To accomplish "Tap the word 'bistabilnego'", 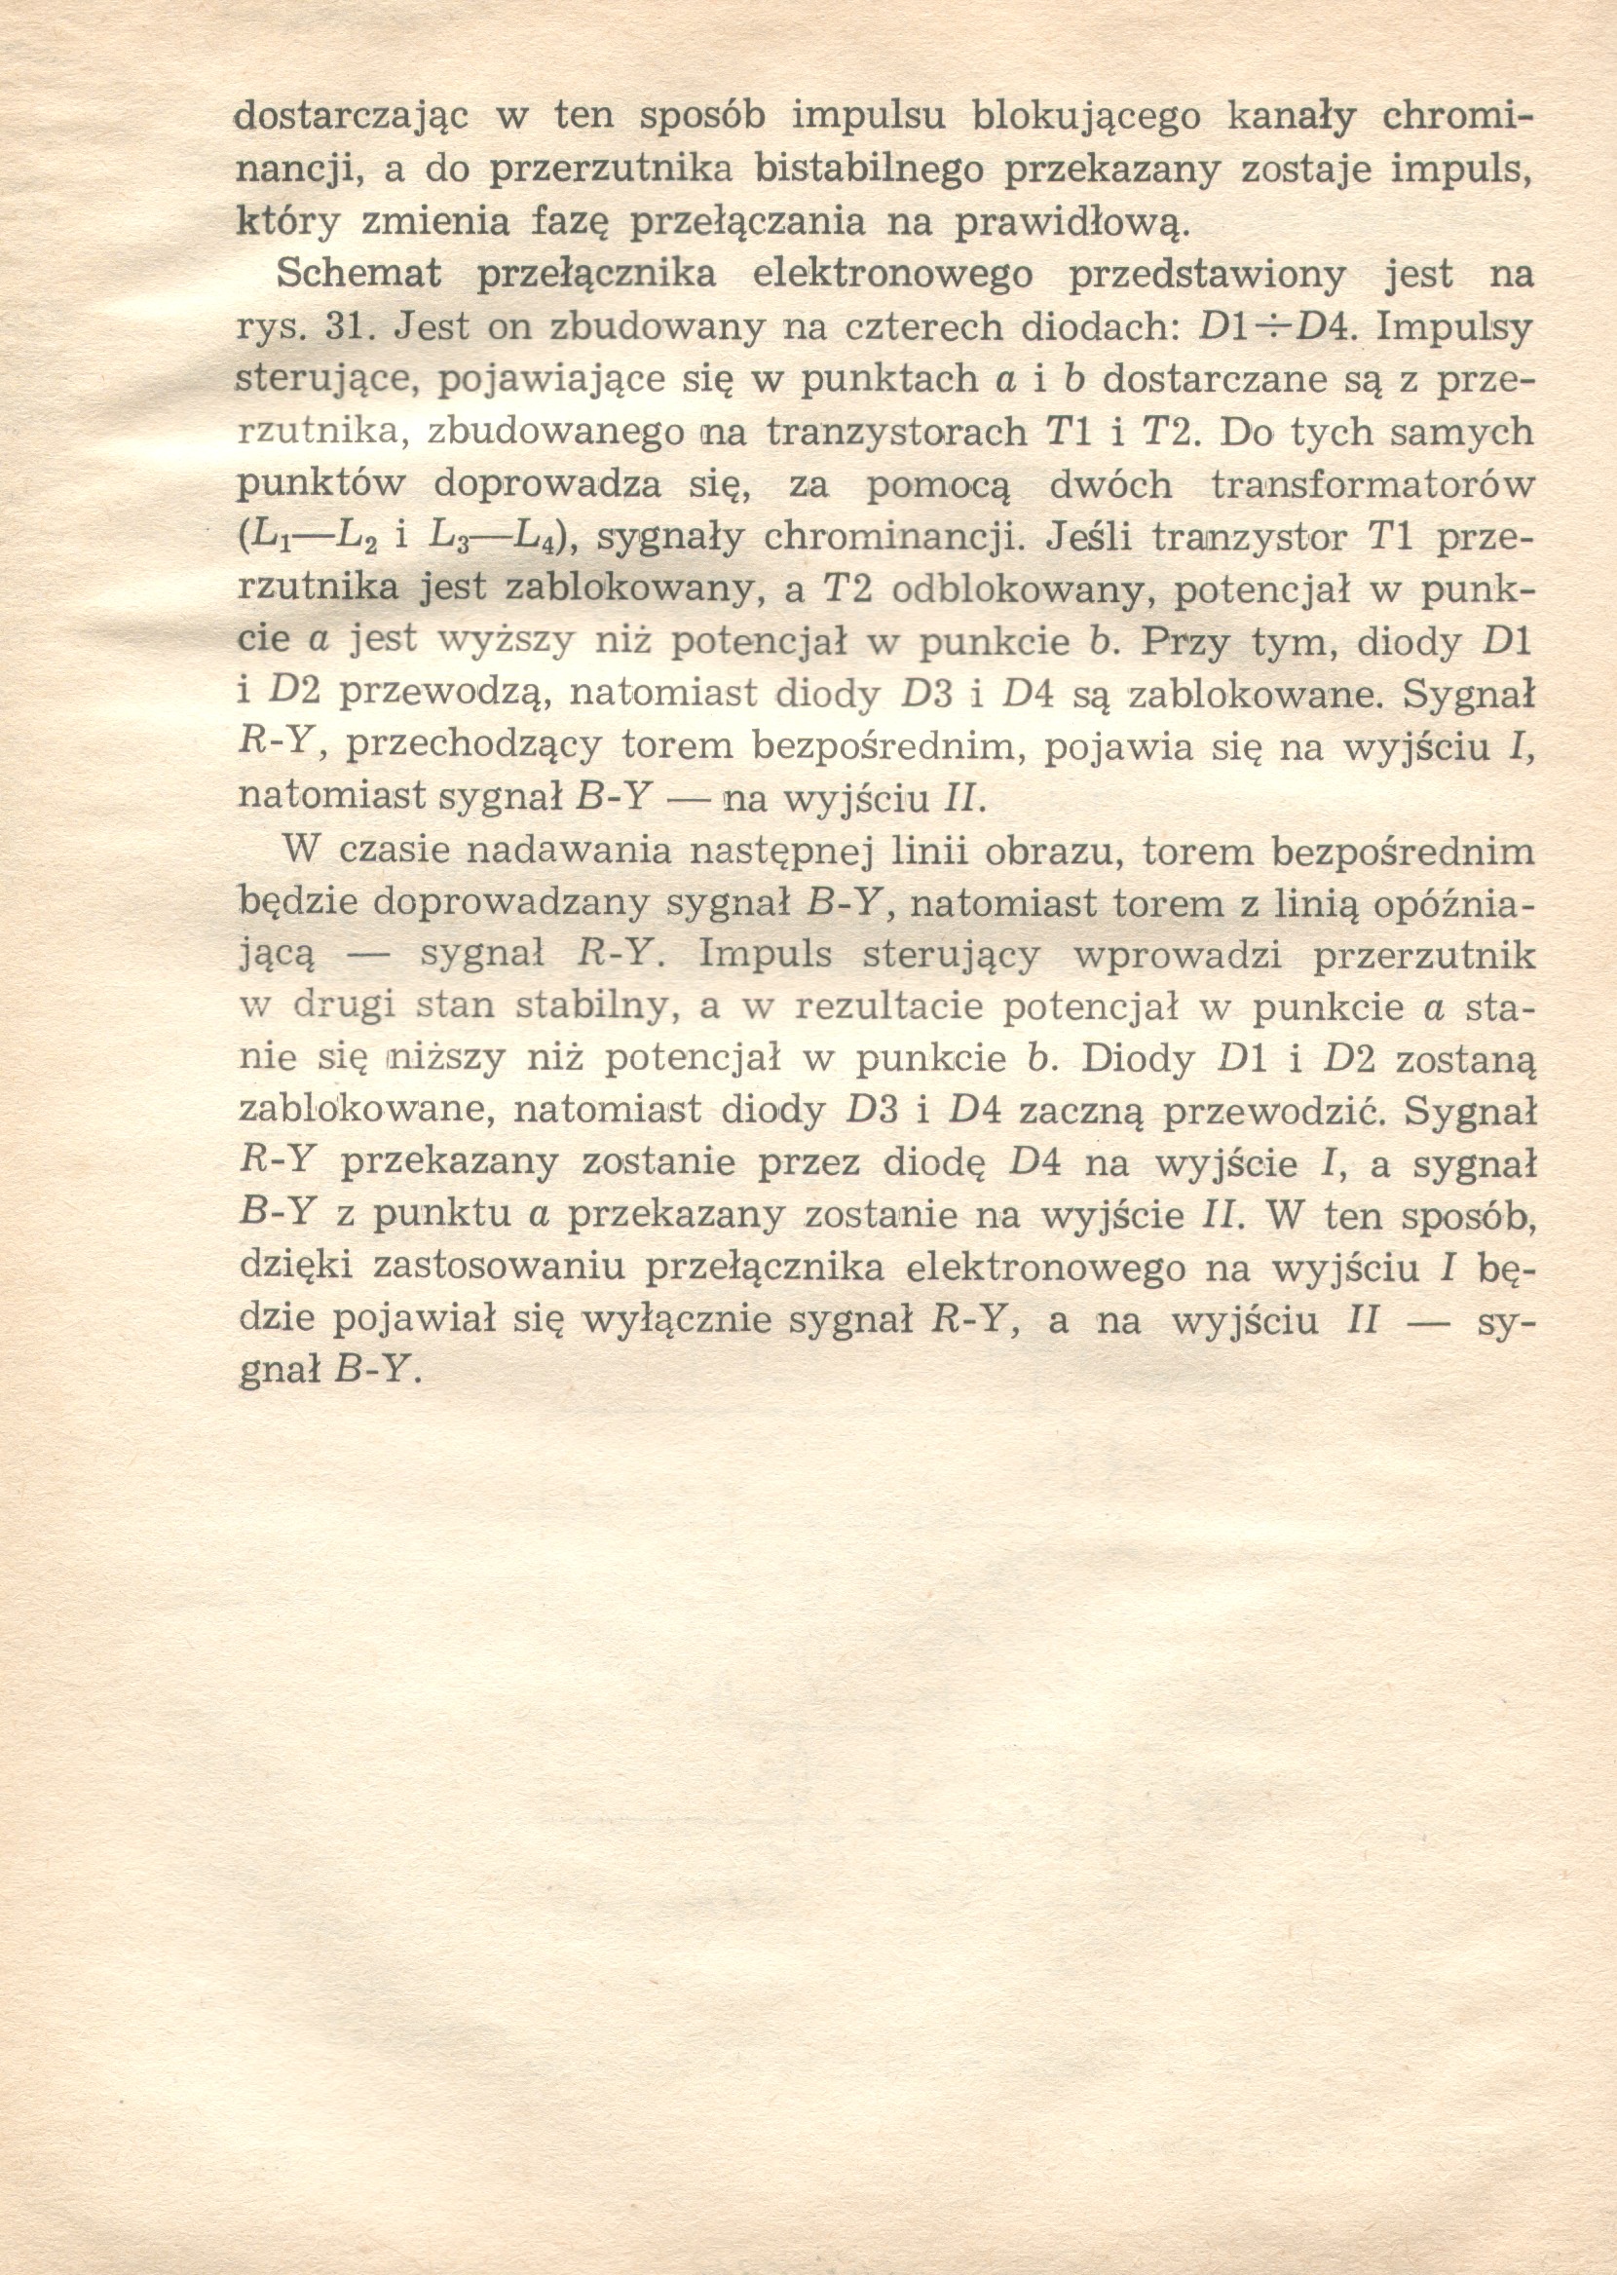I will [x=870, y=171].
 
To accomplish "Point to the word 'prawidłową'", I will [x=1072, y=223].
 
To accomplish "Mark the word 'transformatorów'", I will [x=1374, y=485].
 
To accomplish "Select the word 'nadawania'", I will [x=556, y=853].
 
